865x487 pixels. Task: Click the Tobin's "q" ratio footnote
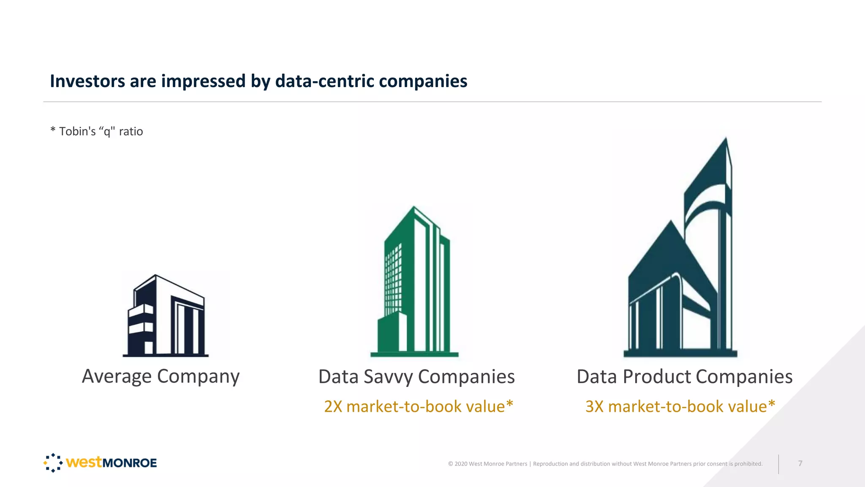pyautogui.click(x=97, y=131)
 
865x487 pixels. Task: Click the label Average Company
pyautogui.click(x=160, y=376)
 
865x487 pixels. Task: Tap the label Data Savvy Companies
pyautogui.click(x=416, y=376)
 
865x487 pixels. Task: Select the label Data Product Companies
pyautogui.click(x=684, y=376)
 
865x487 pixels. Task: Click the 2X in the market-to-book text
pyautogui.click(x=333, y=407)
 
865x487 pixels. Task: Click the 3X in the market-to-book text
pyautogui.click(x=594, y=407)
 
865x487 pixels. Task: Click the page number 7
pyautogui.click(x=800, y=464)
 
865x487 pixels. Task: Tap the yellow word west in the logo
pyautogui.click(x=84, y=462)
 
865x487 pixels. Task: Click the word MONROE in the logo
pyautogui.click(x=130, y=463)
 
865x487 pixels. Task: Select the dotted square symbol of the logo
pyautogui.click(x=53, y=463)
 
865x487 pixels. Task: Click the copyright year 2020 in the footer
pyautogui.click(x=461, y=464)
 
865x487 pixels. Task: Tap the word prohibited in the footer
pyautogui.click(x=748, y=464)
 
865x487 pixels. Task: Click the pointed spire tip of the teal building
pyautogui.click(x=726, y=140)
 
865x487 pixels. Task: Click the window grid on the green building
pyautogui.click(x=393, y=279)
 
